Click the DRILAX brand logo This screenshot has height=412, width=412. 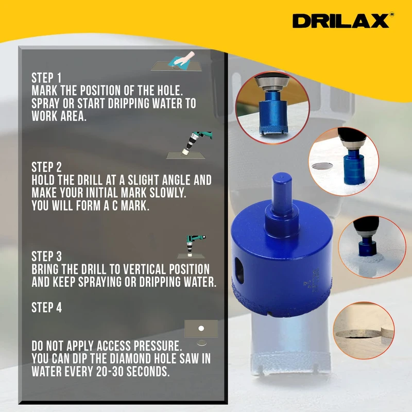[341, 21]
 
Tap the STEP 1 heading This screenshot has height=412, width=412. [46, 78]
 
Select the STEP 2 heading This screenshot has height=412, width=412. [46, 167]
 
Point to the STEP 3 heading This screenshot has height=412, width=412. [46, 256]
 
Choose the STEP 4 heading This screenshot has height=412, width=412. [46, 307]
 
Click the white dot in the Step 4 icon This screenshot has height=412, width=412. [201, 328]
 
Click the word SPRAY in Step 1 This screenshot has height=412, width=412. [45, 104]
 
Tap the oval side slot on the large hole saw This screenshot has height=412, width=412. [239, 270]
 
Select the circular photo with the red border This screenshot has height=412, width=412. [272, 108]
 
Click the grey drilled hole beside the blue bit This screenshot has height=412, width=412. [322, 166]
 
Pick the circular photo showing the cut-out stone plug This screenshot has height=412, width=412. [364, 331]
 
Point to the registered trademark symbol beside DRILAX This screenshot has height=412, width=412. [392, 15]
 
